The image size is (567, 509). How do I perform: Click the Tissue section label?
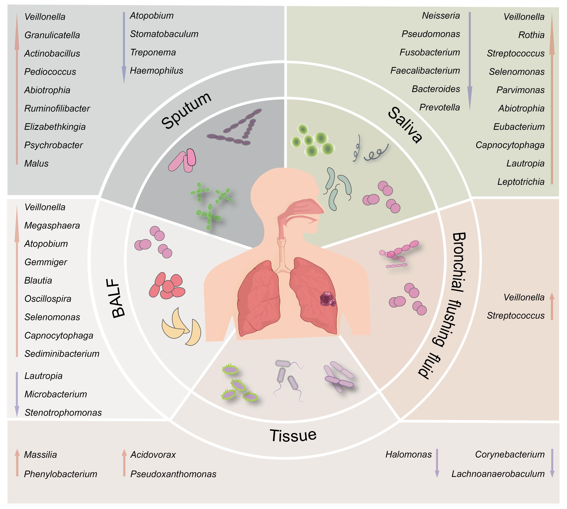(293, 435)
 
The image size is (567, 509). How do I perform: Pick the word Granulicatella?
(52, 35)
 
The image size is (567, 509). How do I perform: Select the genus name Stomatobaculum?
(164, 34)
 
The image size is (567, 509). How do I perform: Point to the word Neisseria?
(441, 16)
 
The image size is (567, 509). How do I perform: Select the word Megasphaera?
(52, 226)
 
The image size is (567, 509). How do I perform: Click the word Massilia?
(40, 455)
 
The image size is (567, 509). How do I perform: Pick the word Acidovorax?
(153, 455)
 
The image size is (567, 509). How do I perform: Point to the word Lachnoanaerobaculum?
(498, 474)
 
